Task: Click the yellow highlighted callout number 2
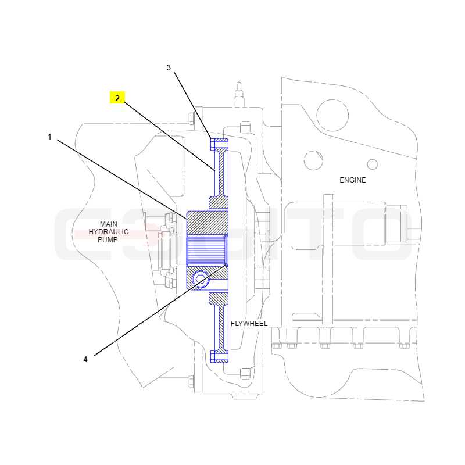(117, 98)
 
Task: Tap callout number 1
(49, 137)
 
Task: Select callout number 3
(169, 67)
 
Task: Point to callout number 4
(85, 359)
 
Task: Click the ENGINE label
(353, 180)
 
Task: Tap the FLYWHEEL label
(249, 324)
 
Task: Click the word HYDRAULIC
(109, 231)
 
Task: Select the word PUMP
(108, 239)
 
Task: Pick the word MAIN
(109, 224)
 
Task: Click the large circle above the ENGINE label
(332, 115)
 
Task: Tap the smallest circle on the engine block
(373, 164)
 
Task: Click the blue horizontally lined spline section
(207, 250)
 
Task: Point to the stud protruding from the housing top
(239, 94)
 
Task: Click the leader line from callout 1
(122, 179)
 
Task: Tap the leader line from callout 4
(160, 310)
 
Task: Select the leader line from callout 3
(193, 106)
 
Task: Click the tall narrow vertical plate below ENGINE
(328, 260)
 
